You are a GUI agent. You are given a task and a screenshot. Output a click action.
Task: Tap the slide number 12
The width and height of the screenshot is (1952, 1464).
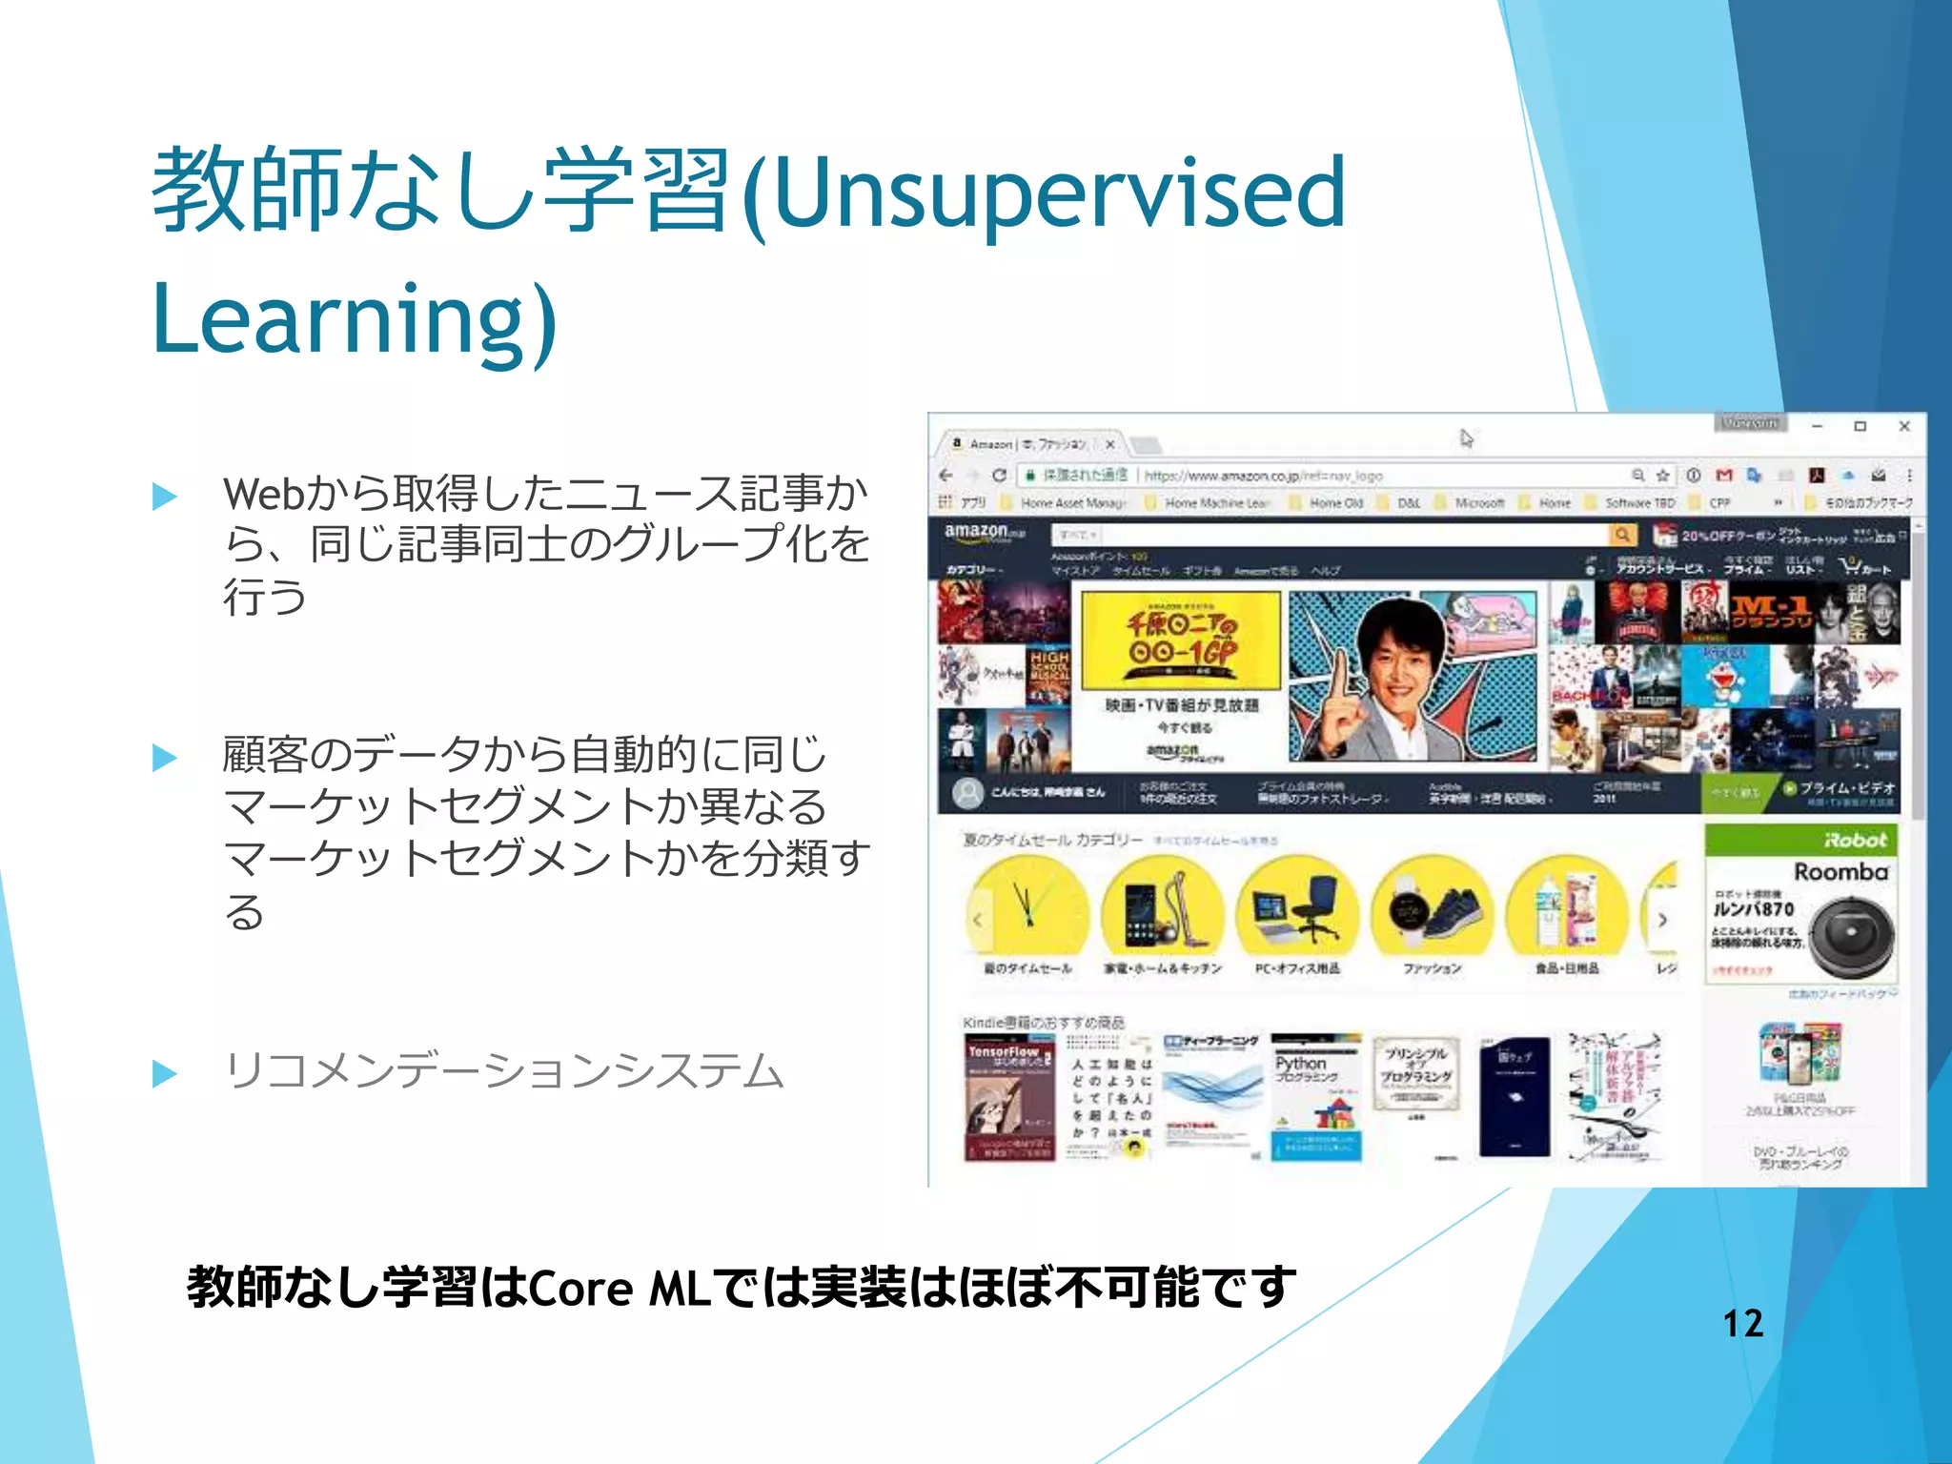tap(1742, 1323)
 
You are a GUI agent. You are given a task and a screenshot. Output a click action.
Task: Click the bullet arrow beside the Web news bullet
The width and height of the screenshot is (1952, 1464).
tap(165, 496)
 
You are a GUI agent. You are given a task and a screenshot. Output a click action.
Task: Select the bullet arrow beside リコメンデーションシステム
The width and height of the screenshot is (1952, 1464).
tap(165, 1073)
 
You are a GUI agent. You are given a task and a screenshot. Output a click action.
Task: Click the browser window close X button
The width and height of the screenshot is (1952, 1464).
tap(1903, 426)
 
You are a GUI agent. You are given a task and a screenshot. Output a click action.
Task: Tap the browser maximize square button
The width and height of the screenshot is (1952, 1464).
tap(1860, 426)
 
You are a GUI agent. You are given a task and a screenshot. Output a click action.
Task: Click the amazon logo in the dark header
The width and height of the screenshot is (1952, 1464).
tap(977, 533)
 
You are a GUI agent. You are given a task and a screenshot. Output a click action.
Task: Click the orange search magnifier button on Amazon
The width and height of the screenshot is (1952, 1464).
tap(1621, 535)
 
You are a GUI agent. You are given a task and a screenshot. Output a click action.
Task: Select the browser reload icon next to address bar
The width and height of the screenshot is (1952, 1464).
tap(999, 475)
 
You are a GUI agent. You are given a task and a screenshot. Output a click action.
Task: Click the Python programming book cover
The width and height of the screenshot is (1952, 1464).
tap(1316, 1096)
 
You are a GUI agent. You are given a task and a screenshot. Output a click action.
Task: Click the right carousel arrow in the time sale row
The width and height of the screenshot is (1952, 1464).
tap(1661, 920)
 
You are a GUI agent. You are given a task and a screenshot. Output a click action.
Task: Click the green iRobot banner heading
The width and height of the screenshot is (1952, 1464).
tap(1800, 840)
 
